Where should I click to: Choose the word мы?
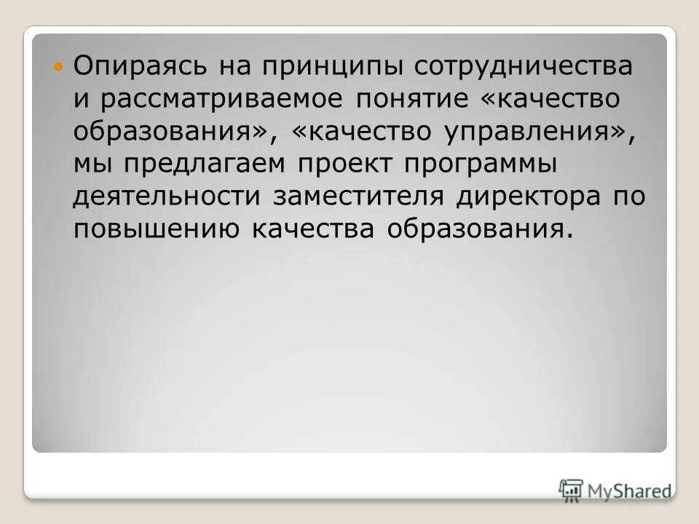click(89, 164)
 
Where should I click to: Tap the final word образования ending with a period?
click(476, 230)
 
